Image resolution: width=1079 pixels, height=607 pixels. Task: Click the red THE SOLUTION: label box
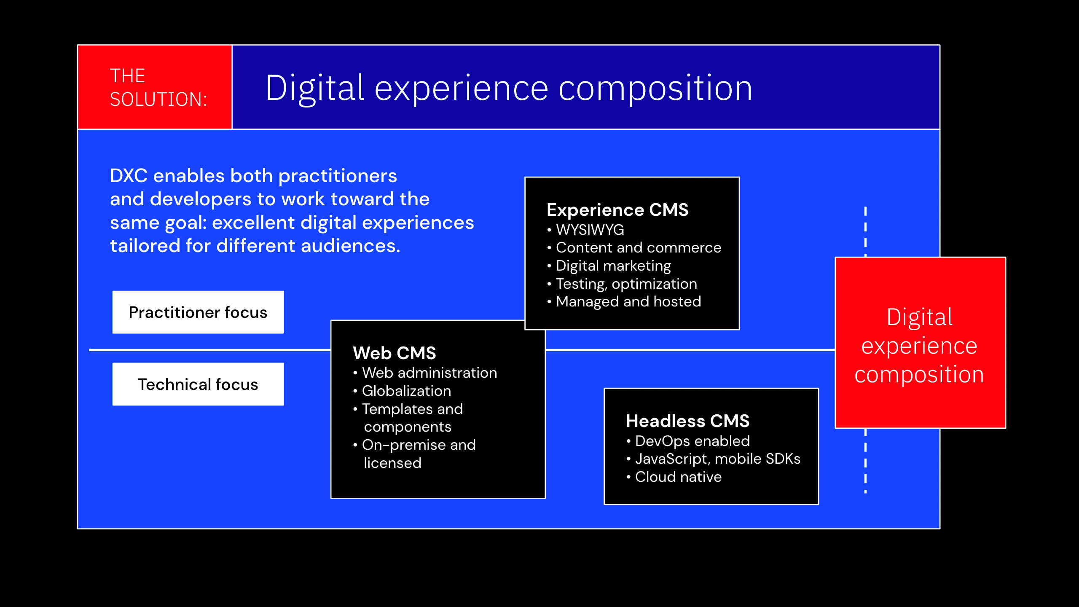click(155, 87)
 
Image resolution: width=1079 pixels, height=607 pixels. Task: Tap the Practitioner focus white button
click(198, 312)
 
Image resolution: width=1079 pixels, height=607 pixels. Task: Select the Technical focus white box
click(198, 384)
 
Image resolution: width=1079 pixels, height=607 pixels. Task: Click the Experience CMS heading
click(617, 210)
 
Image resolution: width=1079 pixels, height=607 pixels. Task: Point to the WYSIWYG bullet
click(590, 230)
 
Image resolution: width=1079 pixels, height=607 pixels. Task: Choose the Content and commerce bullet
click(638, 248)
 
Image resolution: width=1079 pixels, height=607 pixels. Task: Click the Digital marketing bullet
click(613, 266)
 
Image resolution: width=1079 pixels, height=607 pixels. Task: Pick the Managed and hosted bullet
click(628, 302)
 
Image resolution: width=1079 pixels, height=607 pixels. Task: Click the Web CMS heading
click(395, 353)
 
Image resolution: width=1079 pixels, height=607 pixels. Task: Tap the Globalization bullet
click(406, 391)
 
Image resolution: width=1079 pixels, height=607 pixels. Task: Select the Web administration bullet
click(429, 373)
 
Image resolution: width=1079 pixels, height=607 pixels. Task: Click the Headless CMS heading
click(687, 421)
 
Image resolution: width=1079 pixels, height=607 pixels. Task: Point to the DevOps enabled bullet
click(692, 441)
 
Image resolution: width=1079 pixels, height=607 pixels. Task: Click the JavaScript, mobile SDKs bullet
click(717, 459)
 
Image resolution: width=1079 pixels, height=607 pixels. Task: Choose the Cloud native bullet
click(678, 477)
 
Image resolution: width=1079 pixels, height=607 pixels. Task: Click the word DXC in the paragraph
click(129, 176)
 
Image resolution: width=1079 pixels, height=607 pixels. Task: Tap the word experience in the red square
click(919, 346)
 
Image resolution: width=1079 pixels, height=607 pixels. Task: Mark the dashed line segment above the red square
click(865, 230)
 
